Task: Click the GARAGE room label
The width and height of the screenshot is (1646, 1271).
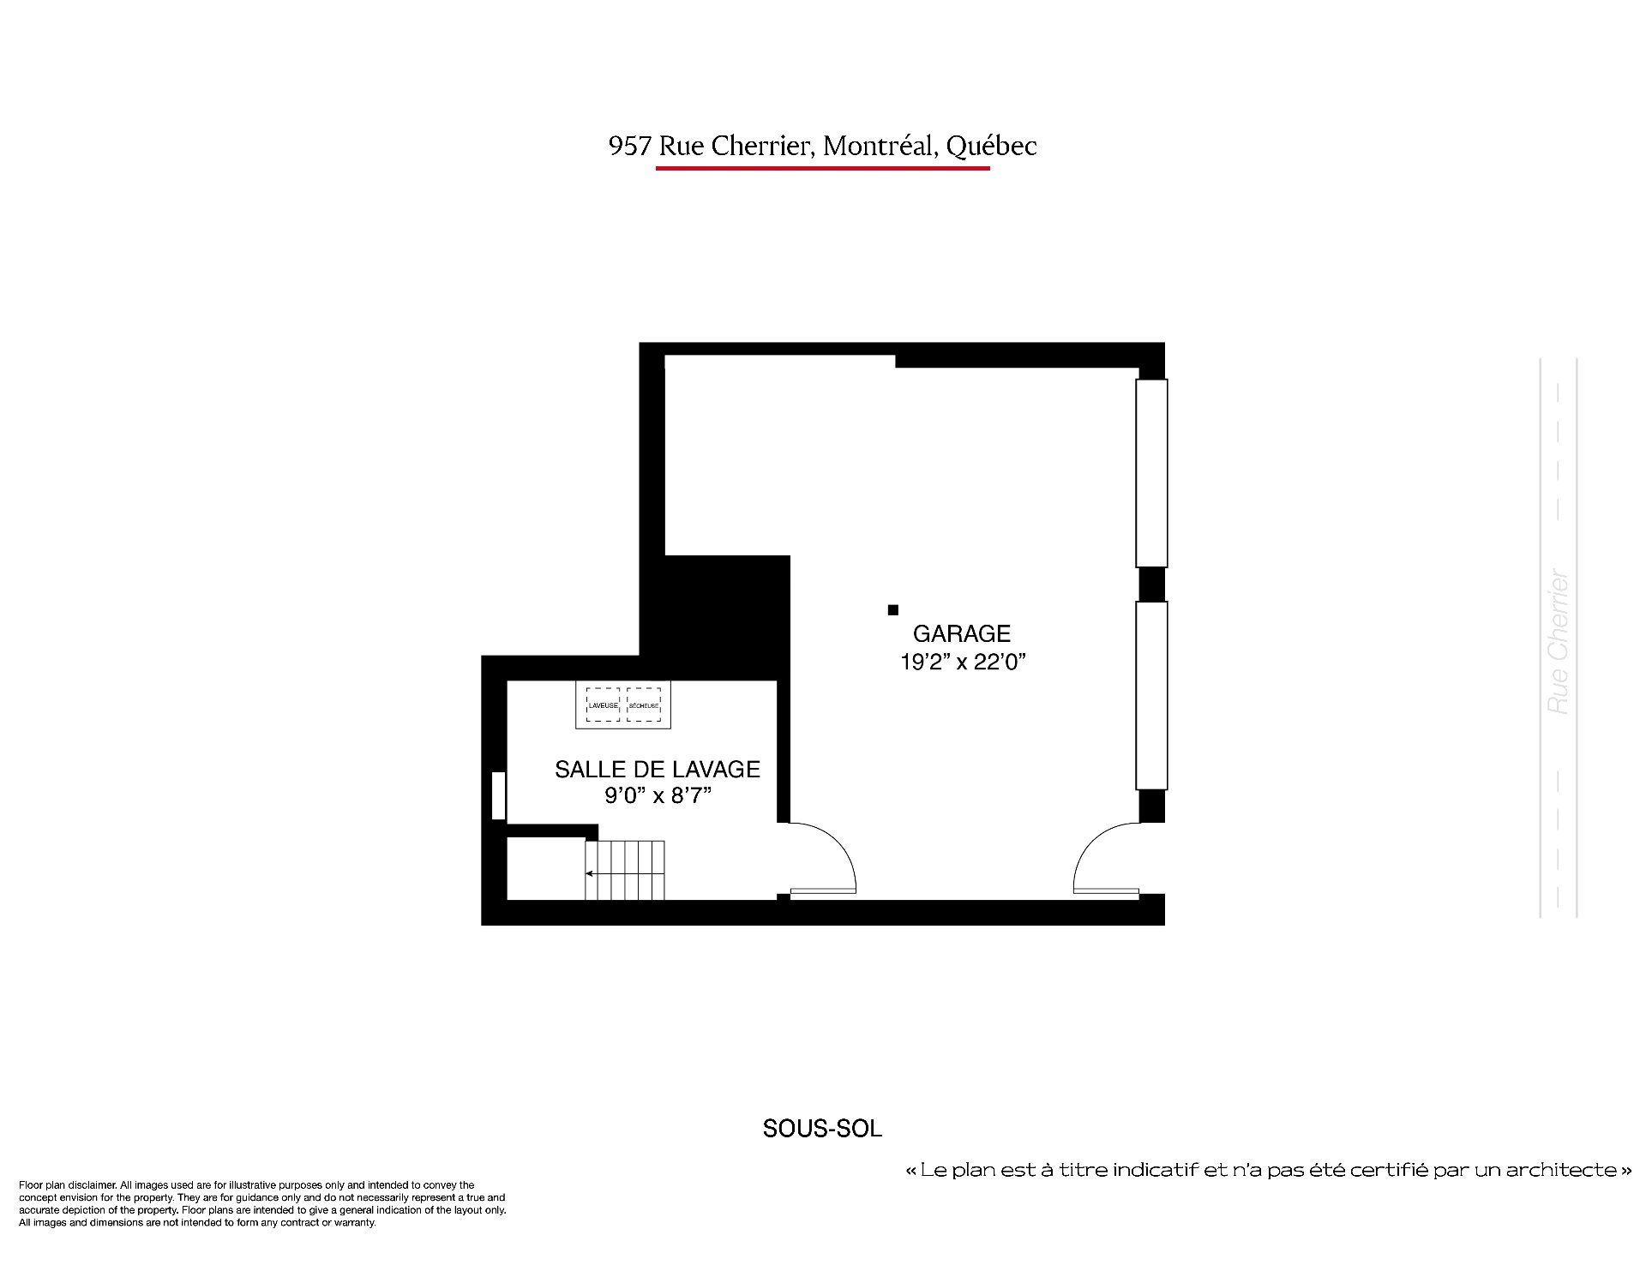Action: point(962,633)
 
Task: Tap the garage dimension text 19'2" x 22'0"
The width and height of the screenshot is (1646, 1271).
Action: point(963,662)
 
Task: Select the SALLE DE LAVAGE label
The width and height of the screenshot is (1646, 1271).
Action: point(658,769)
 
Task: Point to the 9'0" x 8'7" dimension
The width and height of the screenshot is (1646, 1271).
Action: point(658,796)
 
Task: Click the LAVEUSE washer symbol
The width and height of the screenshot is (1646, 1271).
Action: point(603,704)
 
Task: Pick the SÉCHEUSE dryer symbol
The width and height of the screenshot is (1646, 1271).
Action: point(644,704)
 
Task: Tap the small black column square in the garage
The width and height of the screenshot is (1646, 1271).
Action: point(892,610)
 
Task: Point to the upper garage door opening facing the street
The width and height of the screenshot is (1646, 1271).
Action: point(1151,473)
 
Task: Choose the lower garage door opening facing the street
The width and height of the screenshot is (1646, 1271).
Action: point(1151,695)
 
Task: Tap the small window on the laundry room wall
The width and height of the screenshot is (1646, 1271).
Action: point(498,796)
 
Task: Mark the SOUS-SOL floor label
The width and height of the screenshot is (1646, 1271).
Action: point(822,1129)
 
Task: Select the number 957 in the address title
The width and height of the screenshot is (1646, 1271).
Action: point(630,147)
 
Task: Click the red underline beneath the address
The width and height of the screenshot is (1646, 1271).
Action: point(823,168)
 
